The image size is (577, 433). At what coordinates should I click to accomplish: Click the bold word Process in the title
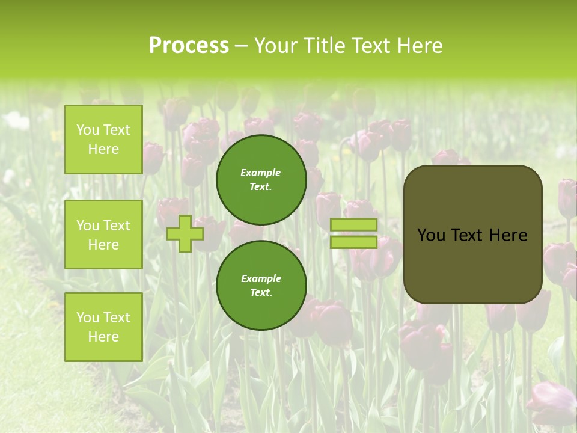pyautogui.click(x=189, y=46)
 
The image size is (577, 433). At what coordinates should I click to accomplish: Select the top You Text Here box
pyautogui.click(x=103, y=140)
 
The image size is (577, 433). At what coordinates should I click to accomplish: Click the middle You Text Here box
pyautogui.click(x=103, y=235)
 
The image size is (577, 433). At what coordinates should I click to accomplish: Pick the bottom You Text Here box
pyautogui.click(x=103, y=327)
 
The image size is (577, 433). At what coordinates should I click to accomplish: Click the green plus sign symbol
pyautogui.click(x=185, y=234)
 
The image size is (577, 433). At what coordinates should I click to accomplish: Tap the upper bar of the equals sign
pyautogui.click(x=353, y=224)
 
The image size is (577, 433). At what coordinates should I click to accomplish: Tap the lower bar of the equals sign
pyautogui.click(x=353, y=242)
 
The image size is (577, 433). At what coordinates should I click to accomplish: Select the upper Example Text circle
pyautogui.click(x=261, y=180)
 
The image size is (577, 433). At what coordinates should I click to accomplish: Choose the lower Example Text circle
pyautogui.click(x=261, y=285)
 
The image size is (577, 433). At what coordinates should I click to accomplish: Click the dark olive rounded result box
pyautogui.click(x=472, y=265)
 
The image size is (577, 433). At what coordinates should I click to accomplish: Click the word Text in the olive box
pyautogui.click(x=466, y=235)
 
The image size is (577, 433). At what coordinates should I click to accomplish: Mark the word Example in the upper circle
pyautogui.click(x=261, y=173)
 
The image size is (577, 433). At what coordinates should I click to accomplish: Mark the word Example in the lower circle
pyautogui.click(x=261, y=279)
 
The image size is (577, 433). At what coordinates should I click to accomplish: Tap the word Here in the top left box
pyautogui.click(x=103, y=150)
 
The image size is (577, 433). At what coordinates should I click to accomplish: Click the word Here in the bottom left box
pyautogui.click(x=103, y=337)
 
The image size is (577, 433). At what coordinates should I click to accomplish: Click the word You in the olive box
pyautogui.click(x=431, y=235)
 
